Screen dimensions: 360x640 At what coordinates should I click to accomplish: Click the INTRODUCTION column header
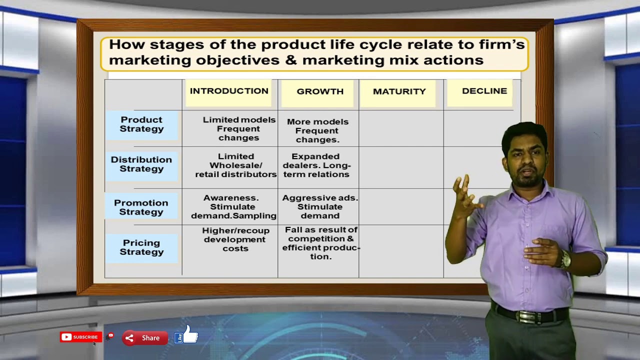(x=229, y=91)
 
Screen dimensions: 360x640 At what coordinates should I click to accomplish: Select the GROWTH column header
(x=320, y=91)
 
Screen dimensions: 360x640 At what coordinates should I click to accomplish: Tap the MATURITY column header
(x=399, y=91)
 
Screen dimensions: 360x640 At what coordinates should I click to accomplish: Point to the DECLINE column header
(x=484, y=91)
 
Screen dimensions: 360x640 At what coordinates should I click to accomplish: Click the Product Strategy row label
(x=141, y=124)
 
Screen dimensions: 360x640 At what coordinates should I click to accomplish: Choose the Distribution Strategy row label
(x=141, y=164)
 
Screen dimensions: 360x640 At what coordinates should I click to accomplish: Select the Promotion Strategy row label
(x=141, y=207)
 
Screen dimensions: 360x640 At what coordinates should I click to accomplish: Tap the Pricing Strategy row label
(x=141, y=247)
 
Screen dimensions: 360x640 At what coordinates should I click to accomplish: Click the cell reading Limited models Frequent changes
(x=238, y=129)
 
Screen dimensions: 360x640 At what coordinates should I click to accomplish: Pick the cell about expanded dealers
(x=317, y=165)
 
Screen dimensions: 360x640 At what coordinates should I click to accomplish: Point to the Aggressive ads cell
(x=319, y=207)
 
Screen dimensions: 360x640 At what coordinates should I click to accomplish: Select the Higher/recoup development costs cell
(x=235, y=239)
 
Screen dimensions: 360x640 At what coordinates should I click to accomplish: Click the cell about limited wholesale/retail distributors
(x=235, y=165)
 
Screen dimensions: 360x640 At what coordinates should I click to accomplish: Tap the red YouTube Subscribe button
(x=80, y=337)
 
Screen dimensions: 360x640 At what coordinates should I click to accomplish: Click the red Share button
(x=144, y=338)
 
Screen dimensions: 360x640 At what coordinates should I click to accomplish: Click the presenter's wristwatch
(x=565, y=259)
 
